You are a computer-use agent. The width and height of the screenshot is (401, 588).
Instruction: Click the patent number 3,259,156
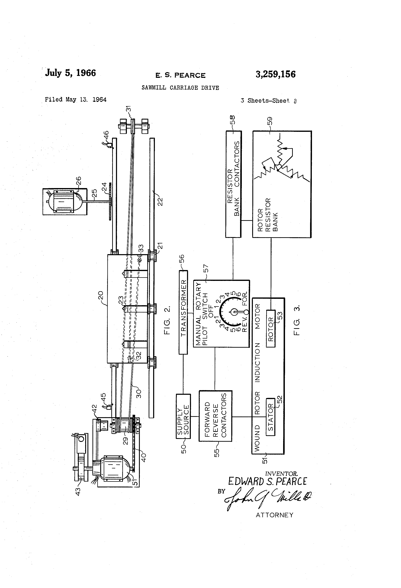[x=275, y=74]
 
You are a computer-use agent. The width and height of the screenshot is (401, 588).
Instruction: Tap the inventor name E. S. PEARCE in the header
[x=180, y=75]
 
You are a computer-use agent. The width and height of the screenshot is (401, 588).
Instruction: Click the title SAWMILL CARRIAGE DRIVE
[x=180, y=88]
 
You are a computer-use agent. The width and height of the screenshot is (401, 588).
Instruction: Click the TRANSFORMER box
[x=183, y=312]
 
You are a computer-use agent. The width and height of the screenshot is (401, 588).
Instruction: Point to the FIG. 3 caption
[x=297, y=320]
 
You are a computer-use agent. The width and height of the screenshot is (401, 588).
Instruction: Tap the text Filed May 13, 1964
[x=76, y=99]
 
